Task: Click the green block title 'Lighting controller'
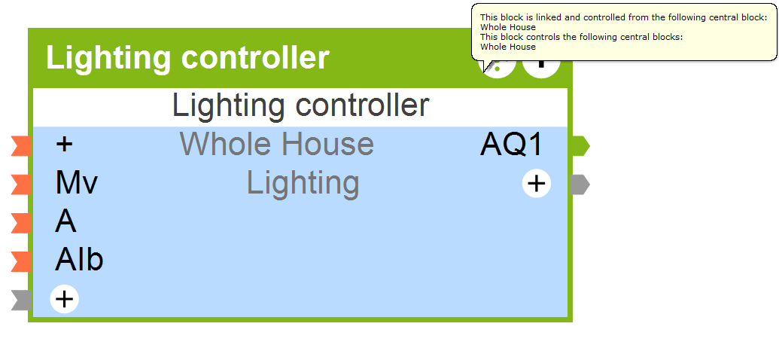point(187,58)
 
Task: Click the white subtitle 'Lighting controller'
point(300,105)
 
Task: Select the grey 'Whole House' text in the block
point(276,144)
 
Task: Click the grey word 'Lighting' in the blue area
point(303,183)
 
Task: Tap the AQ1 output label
point(512,145)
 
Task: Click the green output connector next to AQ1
point(580,145)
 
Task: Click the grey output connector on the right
point(580,185)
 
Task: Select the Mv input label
point(77,183)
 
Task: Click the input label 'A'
point(65,222)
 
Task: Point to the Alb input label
point(79,261)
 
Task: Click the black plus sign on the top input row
point(65,145)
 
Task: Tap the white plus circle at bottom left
point(65,299)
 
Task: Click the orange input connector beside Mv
point(21,184)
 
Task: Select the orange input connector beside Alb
point(21,261)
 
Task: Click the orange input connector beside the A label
point(21,223)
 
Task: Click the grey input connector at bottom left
point(21,300)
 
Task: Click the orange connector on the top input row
point(21,145)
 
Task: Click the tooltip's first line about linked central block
point(623,17)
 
